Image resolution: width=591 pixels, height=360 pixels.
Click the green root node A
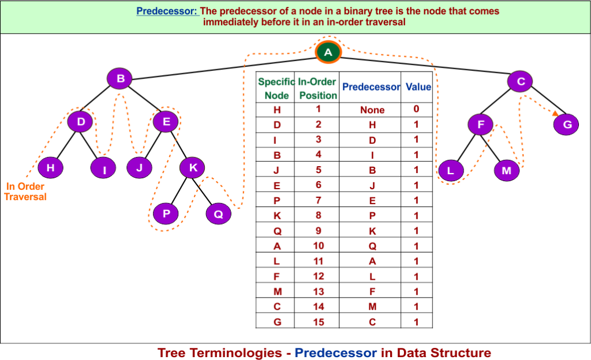(328, 52)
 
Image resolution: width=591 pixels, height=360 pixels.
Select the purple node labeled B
(119, 78)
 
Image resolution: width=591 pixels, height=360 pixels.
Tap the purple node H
(50, 168)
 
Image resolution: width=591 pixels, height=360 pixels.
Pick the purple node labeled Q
(218, 214)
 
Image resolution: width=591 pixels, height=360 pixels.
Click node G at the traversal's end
(566, 124)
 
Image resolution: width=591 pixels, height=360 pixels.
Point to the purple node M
(506, 171)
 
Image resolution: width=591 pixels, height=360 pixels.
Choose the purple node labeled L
(451, 170)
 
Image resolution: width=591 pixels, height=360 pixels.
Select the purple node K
(192, 168)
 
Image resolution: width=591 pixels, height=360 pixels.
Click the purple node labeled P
(166, 213)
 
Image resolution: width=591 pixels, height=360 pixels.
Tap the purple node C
(520, 81)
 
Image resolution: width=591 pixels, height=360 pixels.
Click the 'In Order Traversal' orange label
(25, 191)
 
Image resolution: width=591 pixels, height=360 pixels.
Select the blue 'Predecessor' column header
(371, 87)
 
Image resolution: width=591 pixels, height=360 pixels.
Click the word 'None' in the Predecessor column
(372, 110)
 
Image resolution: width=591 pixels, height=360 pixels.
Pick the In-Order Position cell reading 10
(319, 246)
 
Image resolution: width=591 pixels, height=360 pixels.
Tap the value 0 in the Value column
(416, 108)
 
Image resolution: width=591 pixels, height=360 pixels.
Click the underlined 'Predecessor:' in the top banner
(167, 12)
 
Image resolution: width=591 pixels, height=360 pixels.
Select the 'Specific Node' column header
(276, 88)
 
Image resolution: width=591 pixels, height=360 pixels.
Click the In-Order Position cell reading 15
(319, 322)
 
